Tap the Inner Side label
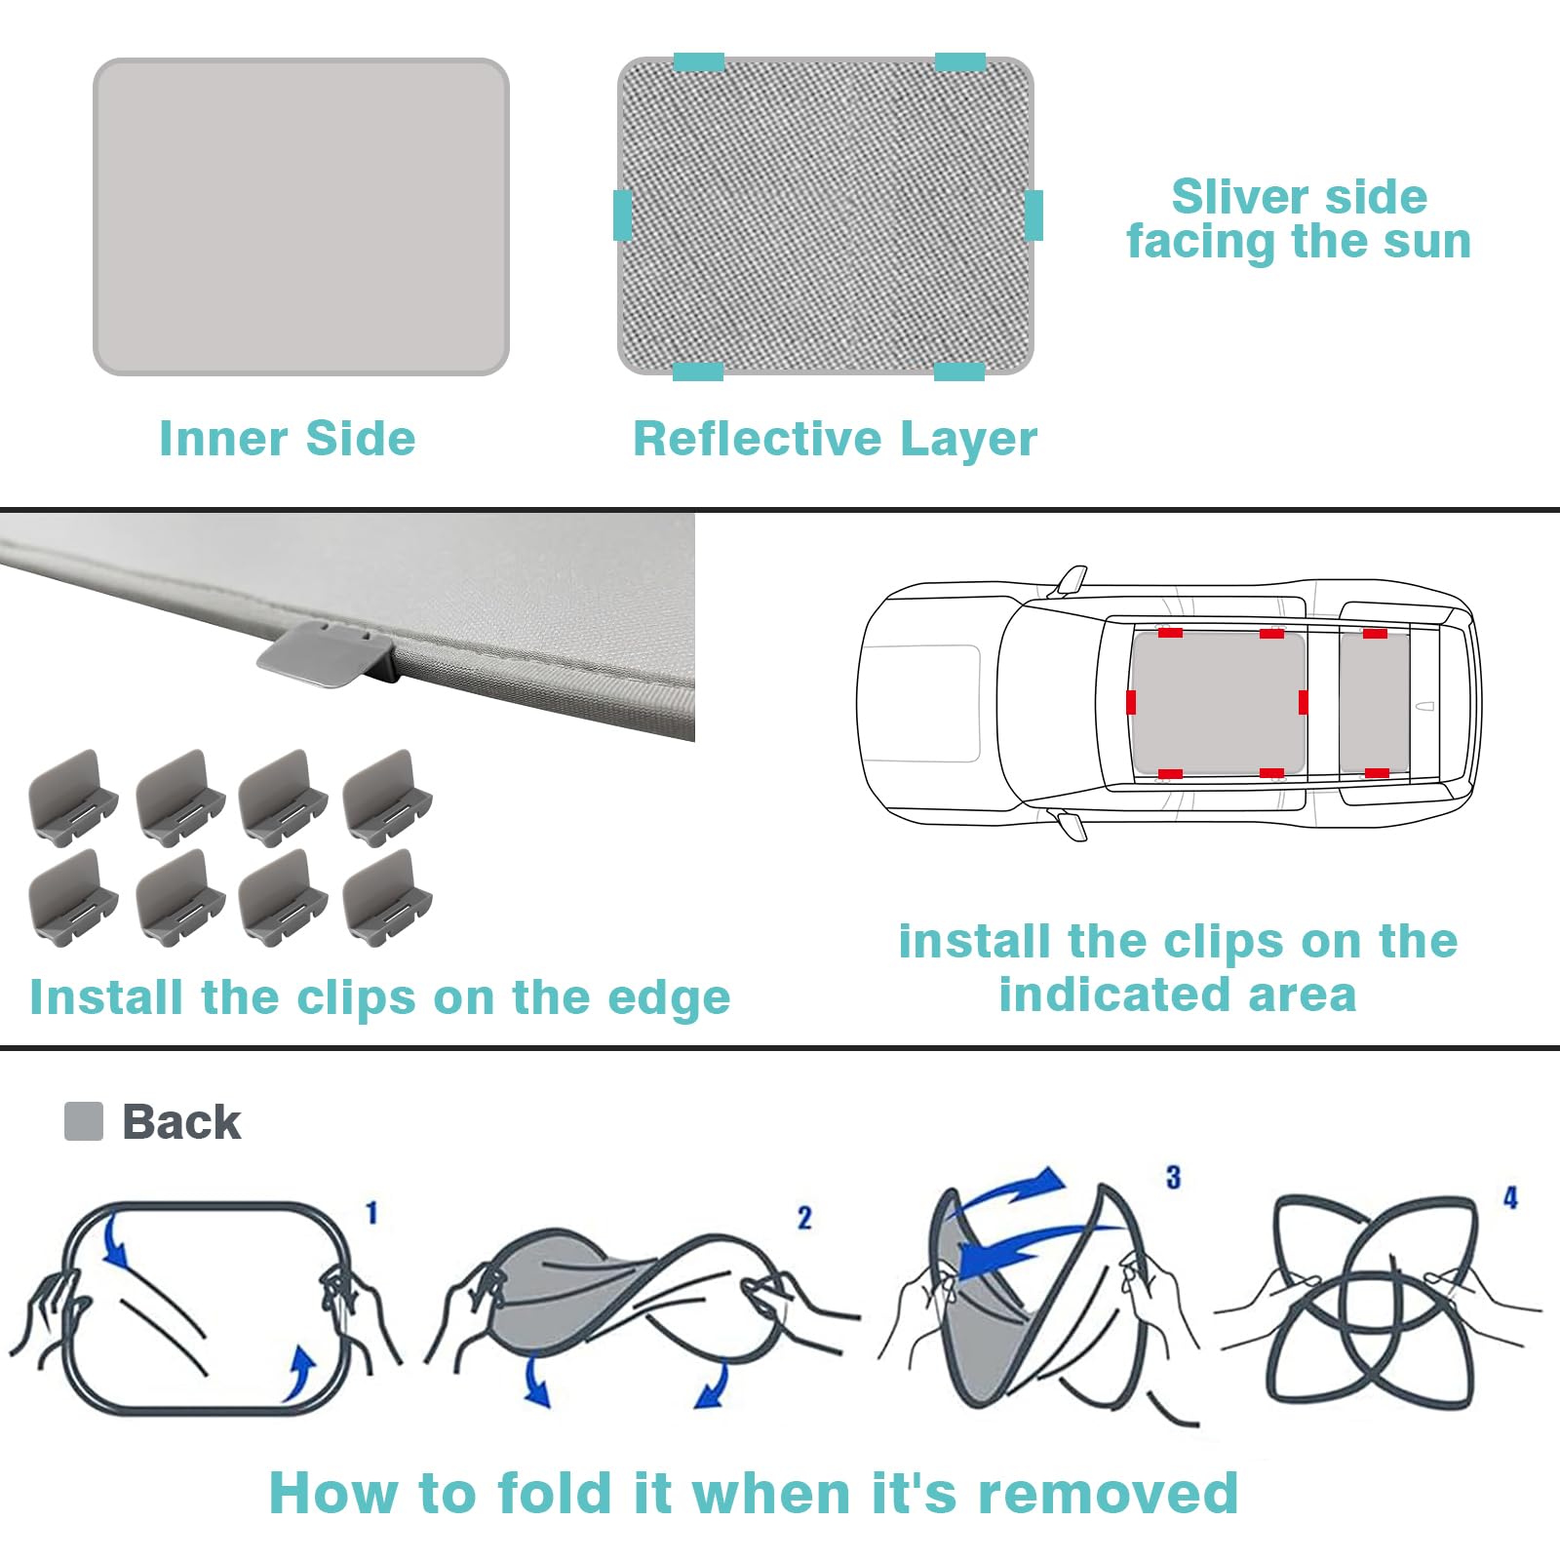click(288, 439)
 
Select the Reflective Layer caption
click(836, 439)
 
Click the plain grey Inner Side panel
click(301, 216)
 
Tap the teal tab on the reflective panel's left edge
click(622, 215)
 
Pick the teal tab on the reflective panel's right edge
click(1033, 215)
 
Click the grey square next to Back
click(84, 1121)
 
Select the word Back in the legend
click(181, 1122)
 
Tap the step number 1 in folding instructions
click(371, 1213)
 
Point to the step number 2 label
click(804, 1218)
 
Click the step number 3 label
click(1174, 1178)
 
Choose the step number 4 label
click(1510, 1198)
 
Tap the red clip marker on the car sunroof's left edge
click(1131, 702)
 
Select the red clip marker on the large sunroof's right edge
click(1304, 702)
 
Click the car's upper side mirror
click(1070, 580)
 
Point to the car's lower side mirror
click(1070, 825)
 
